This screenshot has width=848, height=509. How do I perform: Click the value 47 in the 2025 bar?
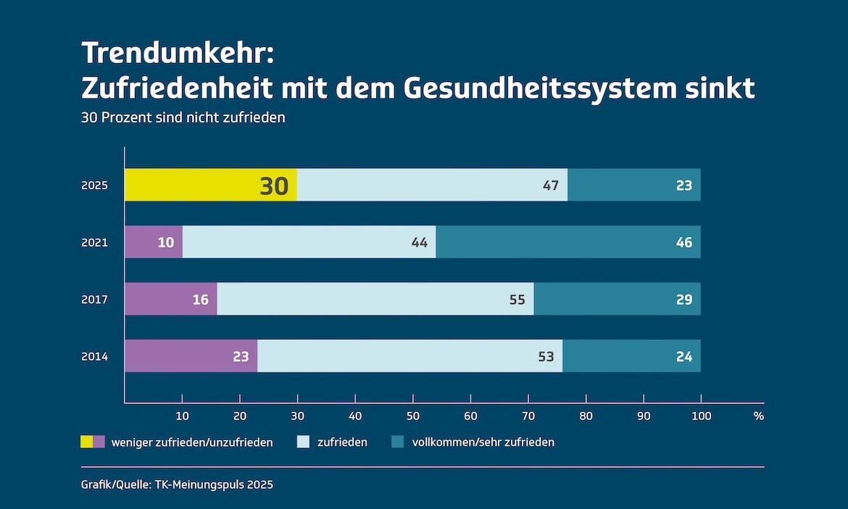[551, 186]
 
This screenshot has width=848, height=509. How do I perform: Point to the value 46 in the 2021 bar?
[683, 242]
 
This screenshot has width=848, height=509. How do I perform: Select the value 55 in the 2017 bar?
[517, 299]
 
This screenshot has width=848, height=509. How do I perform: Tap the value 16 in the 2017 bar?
[201, 299]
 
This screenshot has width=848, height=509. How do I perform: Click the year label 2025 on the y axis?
[94, 186]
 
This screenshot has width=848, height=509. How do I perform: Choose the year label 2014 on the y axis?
[94, 357]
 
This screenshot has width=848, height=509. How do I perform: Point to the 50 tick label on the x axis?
[412, 416]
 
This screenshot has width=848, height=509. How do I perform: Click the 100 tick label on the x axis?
[701, 416]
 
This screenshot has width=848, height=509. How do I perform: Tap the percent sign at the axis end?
[758, 416]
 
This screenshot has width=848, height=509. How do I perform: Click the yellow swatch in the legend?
[86, 442]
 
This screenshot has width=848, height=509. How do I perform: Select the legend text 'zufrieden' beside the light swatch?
[342, 442]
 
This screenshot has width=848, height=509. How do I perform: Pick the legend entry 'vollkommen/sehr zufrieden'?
[483, 442]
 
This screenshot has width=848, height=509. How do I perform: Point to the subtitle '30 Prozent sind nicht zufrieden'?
[183, 117]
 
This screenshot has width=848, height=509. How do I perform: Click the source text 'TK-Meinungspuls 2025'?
[214, 485]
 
